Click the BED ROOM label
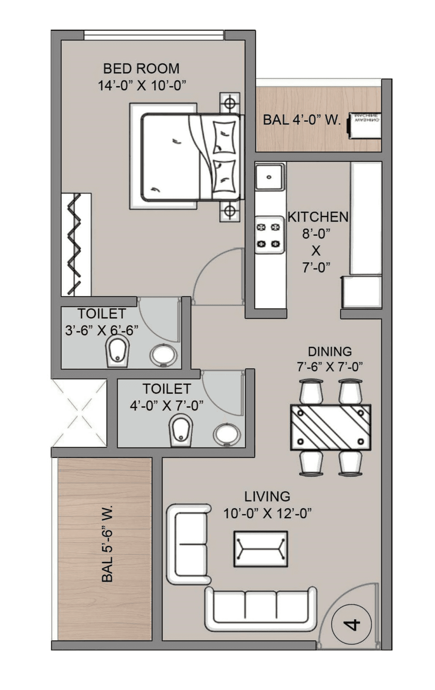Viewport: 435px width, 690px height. click(141, 69)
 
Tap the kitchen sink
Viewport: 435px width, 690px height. click(269, 177)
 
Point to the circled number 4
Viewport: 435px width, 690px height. click(351, 624)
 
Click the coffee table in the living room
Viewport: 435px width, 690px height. click(261, 548)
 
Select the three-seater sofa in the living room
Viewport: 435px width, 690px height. click(260, 609)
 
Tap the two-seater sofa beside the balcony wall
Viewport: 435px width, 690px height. click(188, 544)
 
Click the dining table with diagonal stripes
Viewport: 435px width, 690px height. click(330, 427)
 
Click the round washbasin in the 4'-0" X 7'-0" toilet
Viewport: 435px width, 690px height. click(227, 435)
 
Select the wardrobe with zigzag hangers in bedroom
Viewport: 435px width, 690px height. click(76, 245)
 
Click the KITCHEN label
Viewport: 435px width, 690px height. click(318, 217)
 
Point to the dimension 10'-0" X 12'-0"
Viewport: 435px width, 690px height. click(267, 513)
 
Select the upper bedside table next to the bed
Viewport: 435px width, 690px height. click(230, 103)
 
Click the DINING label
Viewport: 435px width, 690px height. click(329, 351)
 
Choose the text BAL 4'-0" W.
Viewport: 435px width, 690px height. click(302, 120)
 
